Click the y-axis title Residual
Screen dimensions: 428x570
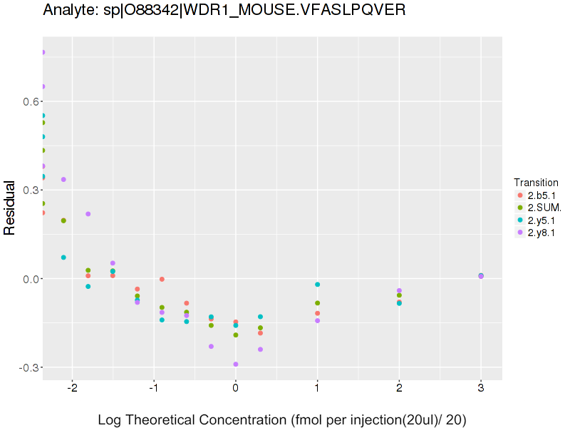click(x=10, y=208)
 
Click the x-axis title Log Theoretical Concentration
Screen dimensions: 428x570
click(x=281, y=420)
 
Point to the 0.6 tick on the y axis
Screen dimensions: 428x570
click(x=30, y=102)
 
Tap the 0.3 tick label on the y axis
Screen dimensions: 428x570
click(x=30, y=190)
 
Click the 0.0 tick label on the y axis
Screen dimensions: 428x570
click(x=30, y=279)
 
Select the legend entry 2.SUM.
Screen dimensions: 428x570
click(x=542, y=208)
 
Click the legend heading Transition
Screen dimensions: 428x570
click(x=536, y=183)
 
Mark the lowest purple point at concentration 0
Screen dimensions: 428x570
click(x=236, y=365)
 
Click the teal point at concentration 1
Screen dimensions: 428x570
click(x=317, y=285)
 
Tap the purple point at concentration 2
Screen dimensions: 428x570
click(x=399, y=290)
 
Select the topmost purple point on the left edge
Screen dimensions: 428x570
click(x=43, y=52)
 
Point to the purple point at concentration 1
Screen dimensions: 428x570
click(x=317, y=321)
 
